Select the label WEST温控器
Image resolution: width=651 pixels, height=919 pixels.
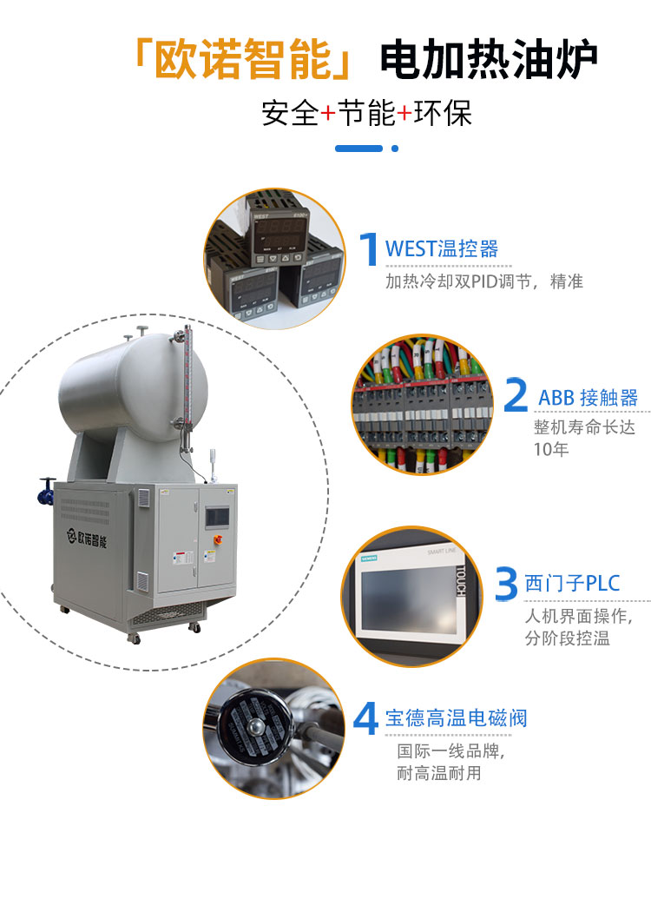pyautogui.click(x=442, y=249)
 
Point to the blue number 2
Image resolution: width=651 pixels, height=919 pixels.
pyautogui.click(x=516, y=396)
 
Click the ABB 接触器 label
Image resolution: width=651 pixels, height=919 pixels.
pyautogui.click(x=588, y=398)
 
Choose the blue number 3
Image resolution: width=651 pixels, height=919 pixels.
pyautogui.click(x=506, y=583)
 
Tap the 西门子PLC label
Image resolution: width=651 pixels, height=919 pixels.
pyautogui.click(x=573, y=583)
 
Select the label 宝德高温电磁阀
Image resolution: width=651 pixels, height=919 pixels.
pyautogui.click(x=456, y=718)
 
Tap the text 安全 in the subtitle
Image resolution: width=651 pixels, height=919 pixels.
pyautogui.click(x=290, y=114)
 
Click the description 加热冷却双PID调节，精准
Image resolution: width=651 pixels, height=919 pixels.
pyautogui.click(x=483, y=281)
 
